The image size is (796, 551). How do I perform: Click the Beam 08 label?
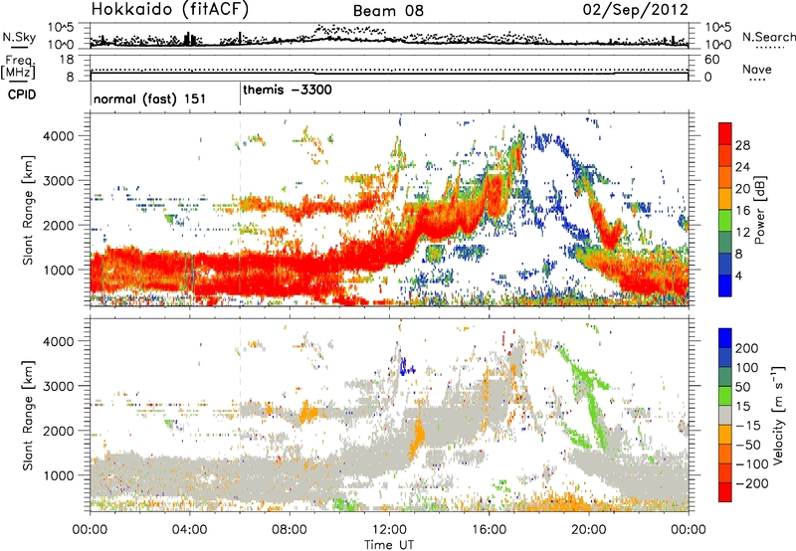coord(388,11)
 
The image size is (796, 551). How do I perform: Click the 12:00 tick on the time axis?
coord(389,527)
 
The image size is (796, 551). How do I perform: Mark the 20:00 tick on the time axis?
coord(588,527)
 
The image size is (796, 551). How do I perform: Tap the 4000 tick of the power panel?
coord(69,134)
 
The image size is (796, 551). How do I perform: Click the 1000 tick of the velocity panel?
coord(69,475)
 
